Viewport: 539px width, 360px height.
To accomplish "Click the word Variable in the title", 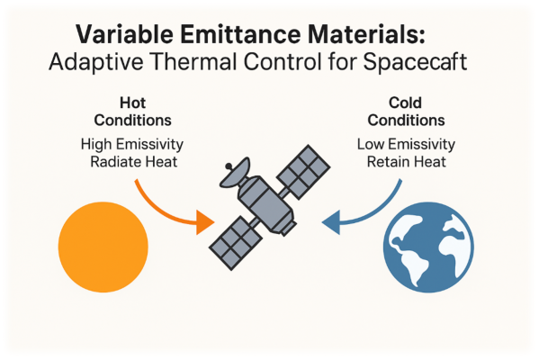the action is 124,34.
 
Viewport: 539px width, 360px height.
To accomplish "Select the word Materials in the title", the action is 363,34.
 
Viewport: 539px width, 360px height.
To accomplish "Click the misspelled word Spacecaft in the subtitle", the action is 415,63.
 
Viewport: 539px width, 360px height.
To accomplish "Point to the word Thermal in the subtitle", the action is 194,62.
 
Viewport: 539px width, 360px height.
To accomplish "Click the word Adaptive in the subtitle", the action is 96,63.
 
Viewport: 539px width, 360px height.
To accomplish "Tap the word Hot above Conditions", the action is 132,103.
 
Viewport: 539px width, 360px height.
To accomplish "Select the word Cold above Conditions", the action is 405,103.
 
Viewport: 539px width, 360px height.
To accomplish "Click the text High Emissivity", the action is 132,144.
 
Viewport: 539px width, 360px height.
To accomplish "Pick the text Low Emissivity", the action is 406,144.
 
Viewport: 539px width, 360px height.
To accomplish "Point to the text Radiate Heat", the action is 134,162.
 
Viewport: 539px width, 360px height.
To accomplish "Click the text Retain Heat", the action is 407,162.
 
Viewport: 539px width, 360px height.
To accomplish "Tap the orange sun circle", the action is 103,247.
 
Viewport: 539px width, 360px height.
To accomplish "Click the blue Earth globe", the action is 428,247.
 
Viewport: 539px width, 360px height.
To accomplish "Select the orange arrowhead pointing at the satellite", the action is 205,222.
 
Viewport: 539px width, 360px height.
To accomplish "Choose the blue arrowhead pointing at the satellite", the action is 331,222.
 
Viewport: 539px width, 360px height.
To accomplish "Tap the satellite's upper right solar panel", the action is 303,172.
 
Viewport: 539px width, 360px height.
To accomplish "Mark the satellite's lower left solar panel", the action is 236,243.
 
